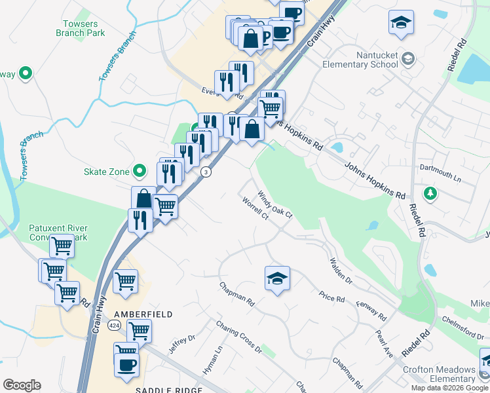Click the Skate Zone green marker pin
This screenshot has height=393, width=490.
(139, 172)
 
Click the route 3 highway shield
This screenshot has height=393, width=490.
(206, 172)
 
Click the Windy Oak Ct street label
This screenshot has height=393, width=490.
(274, 204)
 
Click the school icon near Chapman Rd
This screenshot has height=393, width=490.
(277, 278)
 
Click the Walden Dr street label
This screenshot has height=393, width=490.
(341, 271)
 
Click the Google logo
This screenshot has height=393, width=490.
(22, 385)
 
